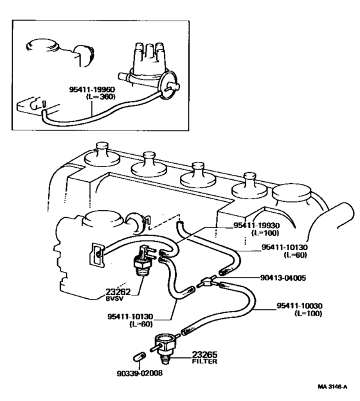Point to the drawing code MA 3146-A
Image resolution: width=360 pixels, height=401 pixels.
pos(332,388)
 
